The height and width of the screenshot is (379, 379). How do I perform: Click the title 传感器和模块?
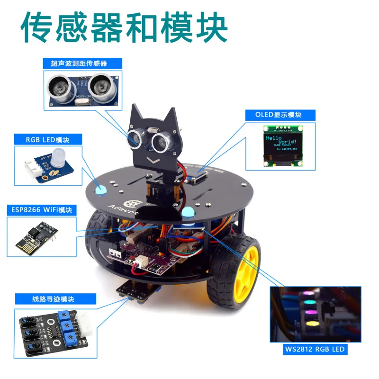(124, 28)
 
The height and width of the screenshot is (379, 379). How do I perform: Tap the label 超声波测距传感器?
(82, 63)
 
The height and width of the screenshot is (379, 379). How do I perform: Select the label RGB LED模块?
(48, 139)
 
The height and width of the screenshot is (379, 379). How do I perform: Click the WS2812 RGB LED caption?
(313, 350)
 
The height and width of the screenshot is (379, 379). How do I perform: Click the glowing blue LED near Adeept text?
(100, 190)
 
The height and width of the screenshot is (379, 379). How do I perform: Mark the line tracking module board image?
(52, 332)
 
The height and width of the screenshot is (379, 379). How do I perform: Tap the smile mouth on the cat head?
(153, 160)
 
